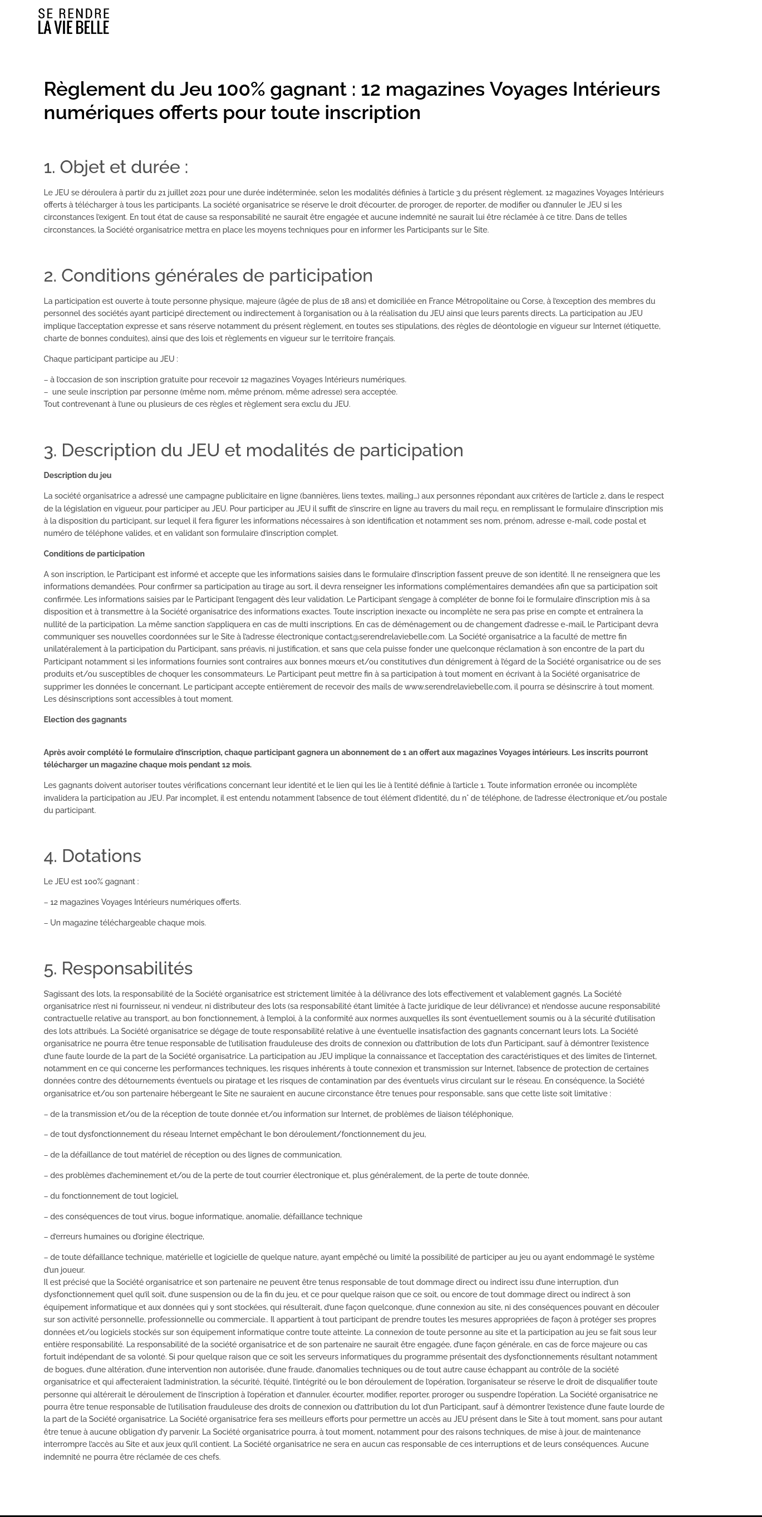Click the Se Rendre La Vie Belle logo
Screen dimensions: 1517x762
73,21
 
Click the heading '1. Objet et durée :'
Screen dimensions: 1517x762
116,168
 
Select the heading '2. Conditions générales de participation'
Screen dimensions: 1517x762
208,275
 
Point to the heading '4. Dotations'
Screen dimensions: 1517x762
92,856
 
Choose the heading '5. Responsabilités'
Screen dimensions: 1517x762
118,969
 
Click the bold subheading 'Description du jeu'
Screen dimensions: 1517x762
77,475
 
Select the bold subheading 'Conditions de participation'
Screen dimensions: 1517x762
94,554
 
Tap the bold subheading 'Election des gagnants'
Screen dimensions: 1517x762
85,720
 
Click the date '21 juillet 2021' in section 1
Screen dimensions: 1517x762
182,193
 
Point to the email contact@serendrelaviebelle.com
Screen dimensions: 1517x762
385,637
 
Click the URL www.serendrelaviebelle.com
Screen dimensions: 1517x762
458,687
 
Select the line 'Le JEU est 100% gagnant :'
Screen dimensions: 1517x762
91,881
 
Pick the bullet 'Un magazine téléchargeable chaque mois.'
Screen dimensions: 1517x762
125,923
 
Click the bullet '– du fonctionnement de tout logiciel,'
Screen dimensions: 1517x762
111,1196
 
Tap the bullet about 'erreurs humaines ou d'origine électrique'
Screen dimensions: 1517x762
124,1237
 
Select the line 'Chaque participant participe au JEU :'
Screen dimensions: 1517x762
111,358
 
